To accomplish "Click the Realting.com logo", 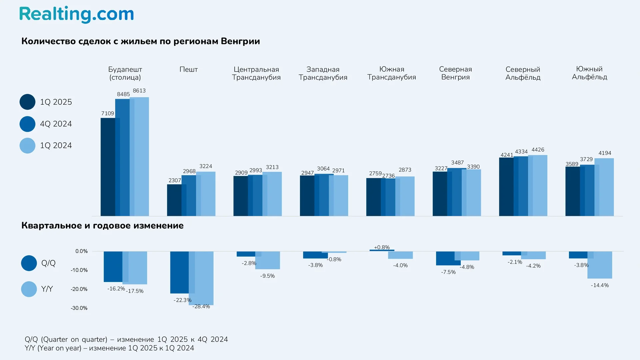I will (76, 14).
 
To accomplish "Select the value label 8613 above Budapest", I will (139, 91).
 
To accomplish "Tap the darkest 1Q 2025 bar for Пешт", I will (174, 200).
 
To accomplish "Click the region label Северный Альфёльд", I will (523, 73).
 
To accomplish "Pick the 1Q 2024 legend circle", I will (27, 146).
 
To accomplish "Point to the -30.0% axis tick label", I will (79, 308).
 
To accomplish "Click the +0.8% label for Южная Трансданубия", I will (382, 247).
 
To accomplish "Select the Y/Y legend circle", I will (29, 289).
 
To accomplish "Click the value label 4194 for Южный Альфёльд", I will (605, 153).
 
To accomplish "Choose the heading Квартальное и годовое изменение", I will (102, 226).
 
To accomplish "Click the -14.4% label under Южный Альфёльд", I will (600, 285).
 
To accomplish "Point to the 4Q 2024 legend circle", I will (27, 124).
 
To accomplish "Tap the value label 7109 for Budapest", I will (108, 113).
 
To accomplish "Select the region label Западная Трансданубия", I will (323, 73).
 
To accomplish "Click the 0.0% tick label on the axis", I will (81, 251).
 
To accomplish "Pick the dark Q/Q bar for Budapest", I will (113, 267).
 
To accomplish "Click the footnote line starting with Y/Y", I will (109, 348).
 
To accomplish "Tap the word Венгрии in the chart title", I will (240, 41).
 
